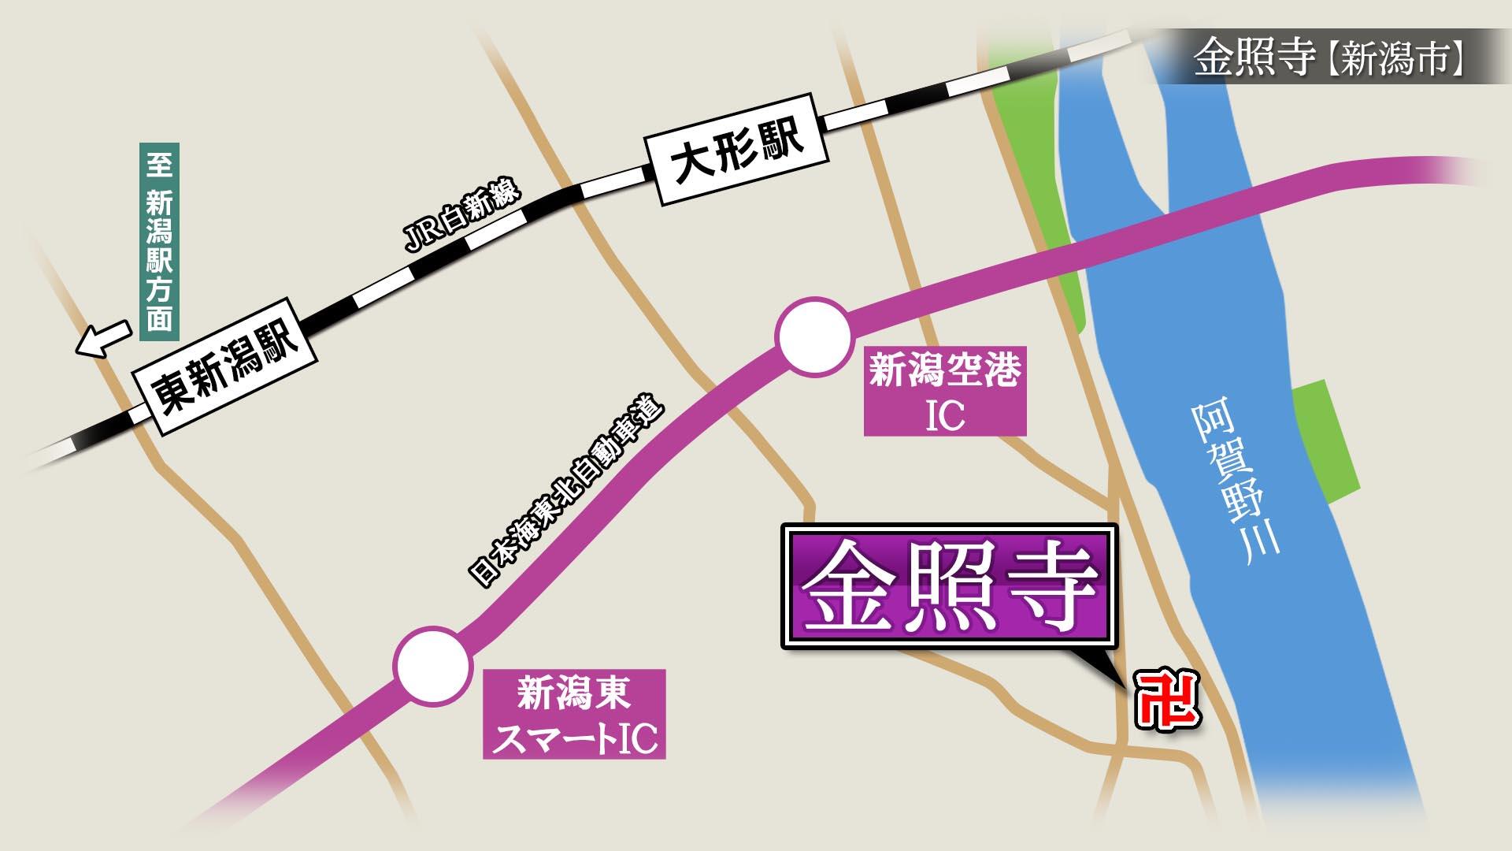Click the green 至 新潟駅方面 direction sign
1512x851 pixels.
tap(159, 242)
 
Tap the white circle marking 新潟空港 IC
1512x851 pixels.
tap(814, 337)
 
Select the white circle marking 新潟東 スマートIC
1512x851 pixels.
tap(432, 666)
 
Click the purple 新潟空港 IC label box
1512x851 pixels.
tap(945, 392)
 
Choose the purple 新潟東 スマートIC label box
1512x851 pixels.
tap(574, 714)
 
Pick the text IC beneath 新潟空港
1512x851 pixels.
tap(945, 416)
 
